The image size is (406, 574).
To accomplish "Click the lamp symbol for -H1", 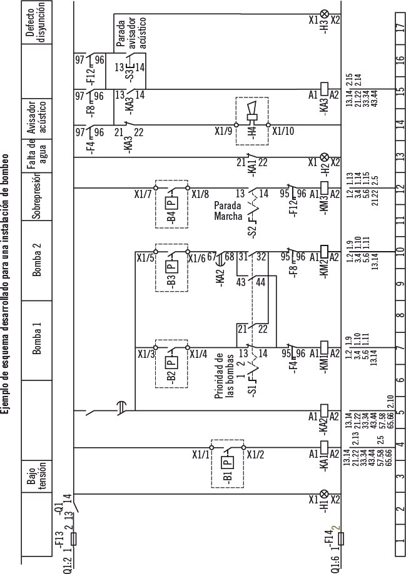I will [x=324, y=499].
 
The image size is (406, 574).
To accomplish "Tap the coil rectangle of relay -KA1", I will [x=324, y=448].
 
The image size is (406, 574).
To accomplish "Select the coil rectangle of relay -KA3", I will [x=324, y=89].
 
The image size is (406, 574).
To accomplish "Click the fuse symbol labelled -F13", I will [x=74, y=538].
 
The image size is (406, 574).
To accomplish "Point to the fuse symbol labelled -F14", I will [x=324, y=538].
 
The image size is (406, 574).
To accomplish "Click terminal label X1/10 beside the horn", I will [x=282, y=131].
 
